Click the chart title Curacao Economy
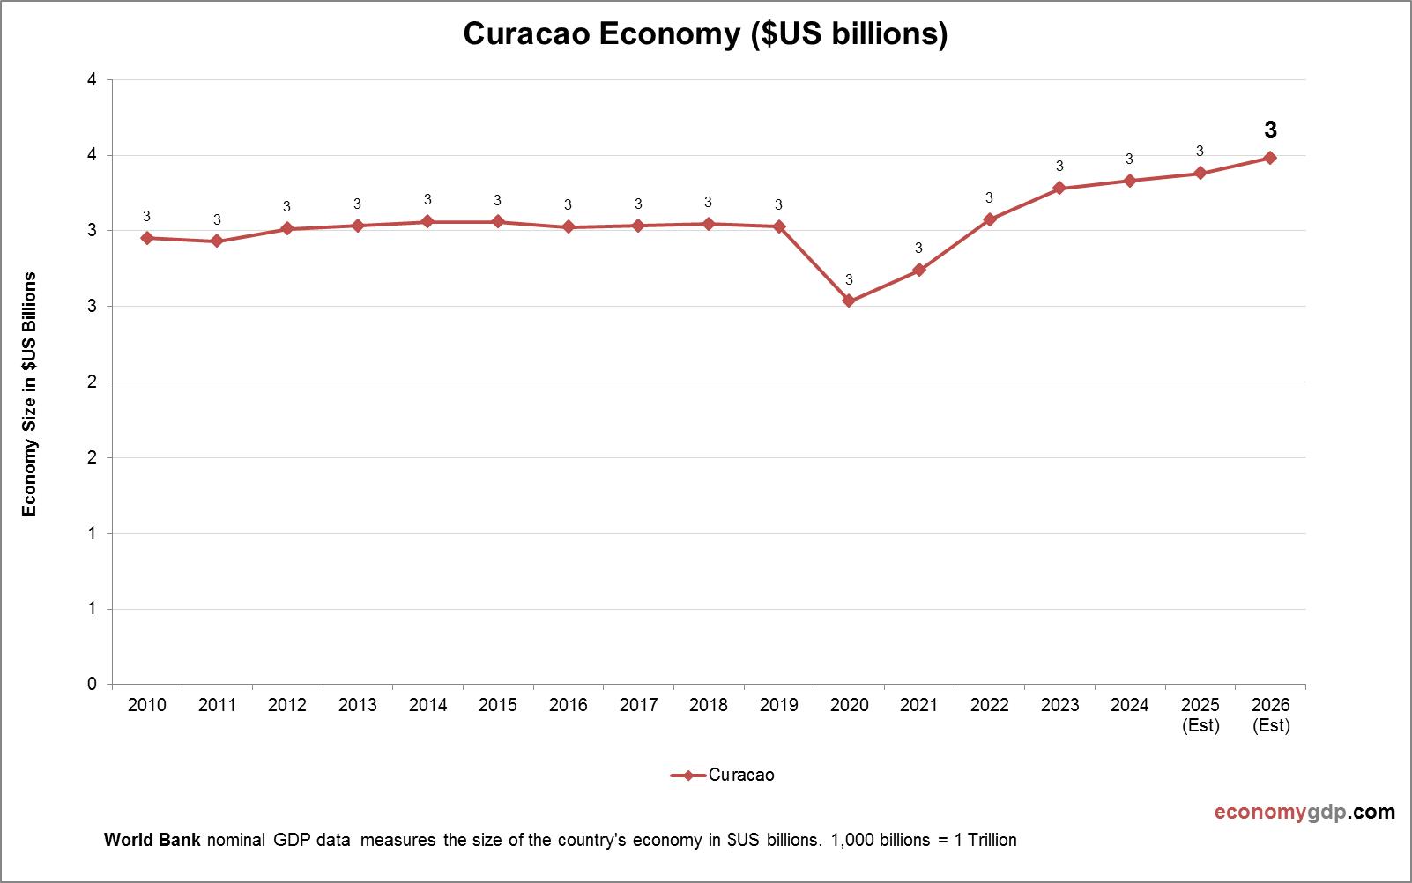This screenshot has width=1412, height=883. pos(705,33)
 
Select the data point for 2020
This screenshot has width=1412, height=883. pos(849,301)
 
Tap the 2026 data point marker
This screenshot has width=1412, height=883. pos(1270,158)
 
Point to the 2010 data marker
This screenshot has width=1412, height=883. pos(146,238)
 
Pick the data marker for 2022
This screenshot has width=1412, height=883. pos(989,219)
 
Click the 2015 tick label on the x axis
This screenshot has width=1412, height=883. pos(497,705)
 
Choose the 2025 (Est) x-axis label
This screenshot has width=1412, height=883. pos(1200,715)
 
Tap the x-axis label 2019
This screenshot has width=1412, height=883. pos(778,705)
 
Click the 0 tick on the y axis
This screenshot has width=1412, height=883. pos(93,684)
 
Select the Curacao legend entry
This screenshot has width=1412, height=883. pos(723,775)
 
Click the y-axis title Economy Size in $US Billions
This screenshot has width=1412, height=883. pos(30,394)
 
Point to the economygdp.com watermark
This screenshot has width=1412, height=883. pos(1304,812)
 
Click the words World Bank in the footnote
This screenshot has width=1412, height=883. pos(152,840)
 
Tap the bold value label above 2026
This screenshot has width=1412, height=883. pos(1270,130)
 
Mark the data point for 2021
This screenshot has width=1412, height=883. pos(919,270)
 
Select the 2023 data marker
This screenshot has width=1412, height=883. pos(1059,189)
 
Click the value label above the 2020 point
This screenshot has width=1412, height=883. pos(849,280)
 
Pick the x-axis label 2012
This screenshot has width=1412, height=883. pos(286,705)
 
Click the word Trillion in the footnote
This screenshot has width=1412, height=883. pos(992,840)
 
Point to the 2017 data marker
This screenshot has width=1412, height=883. pos(638,226)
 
